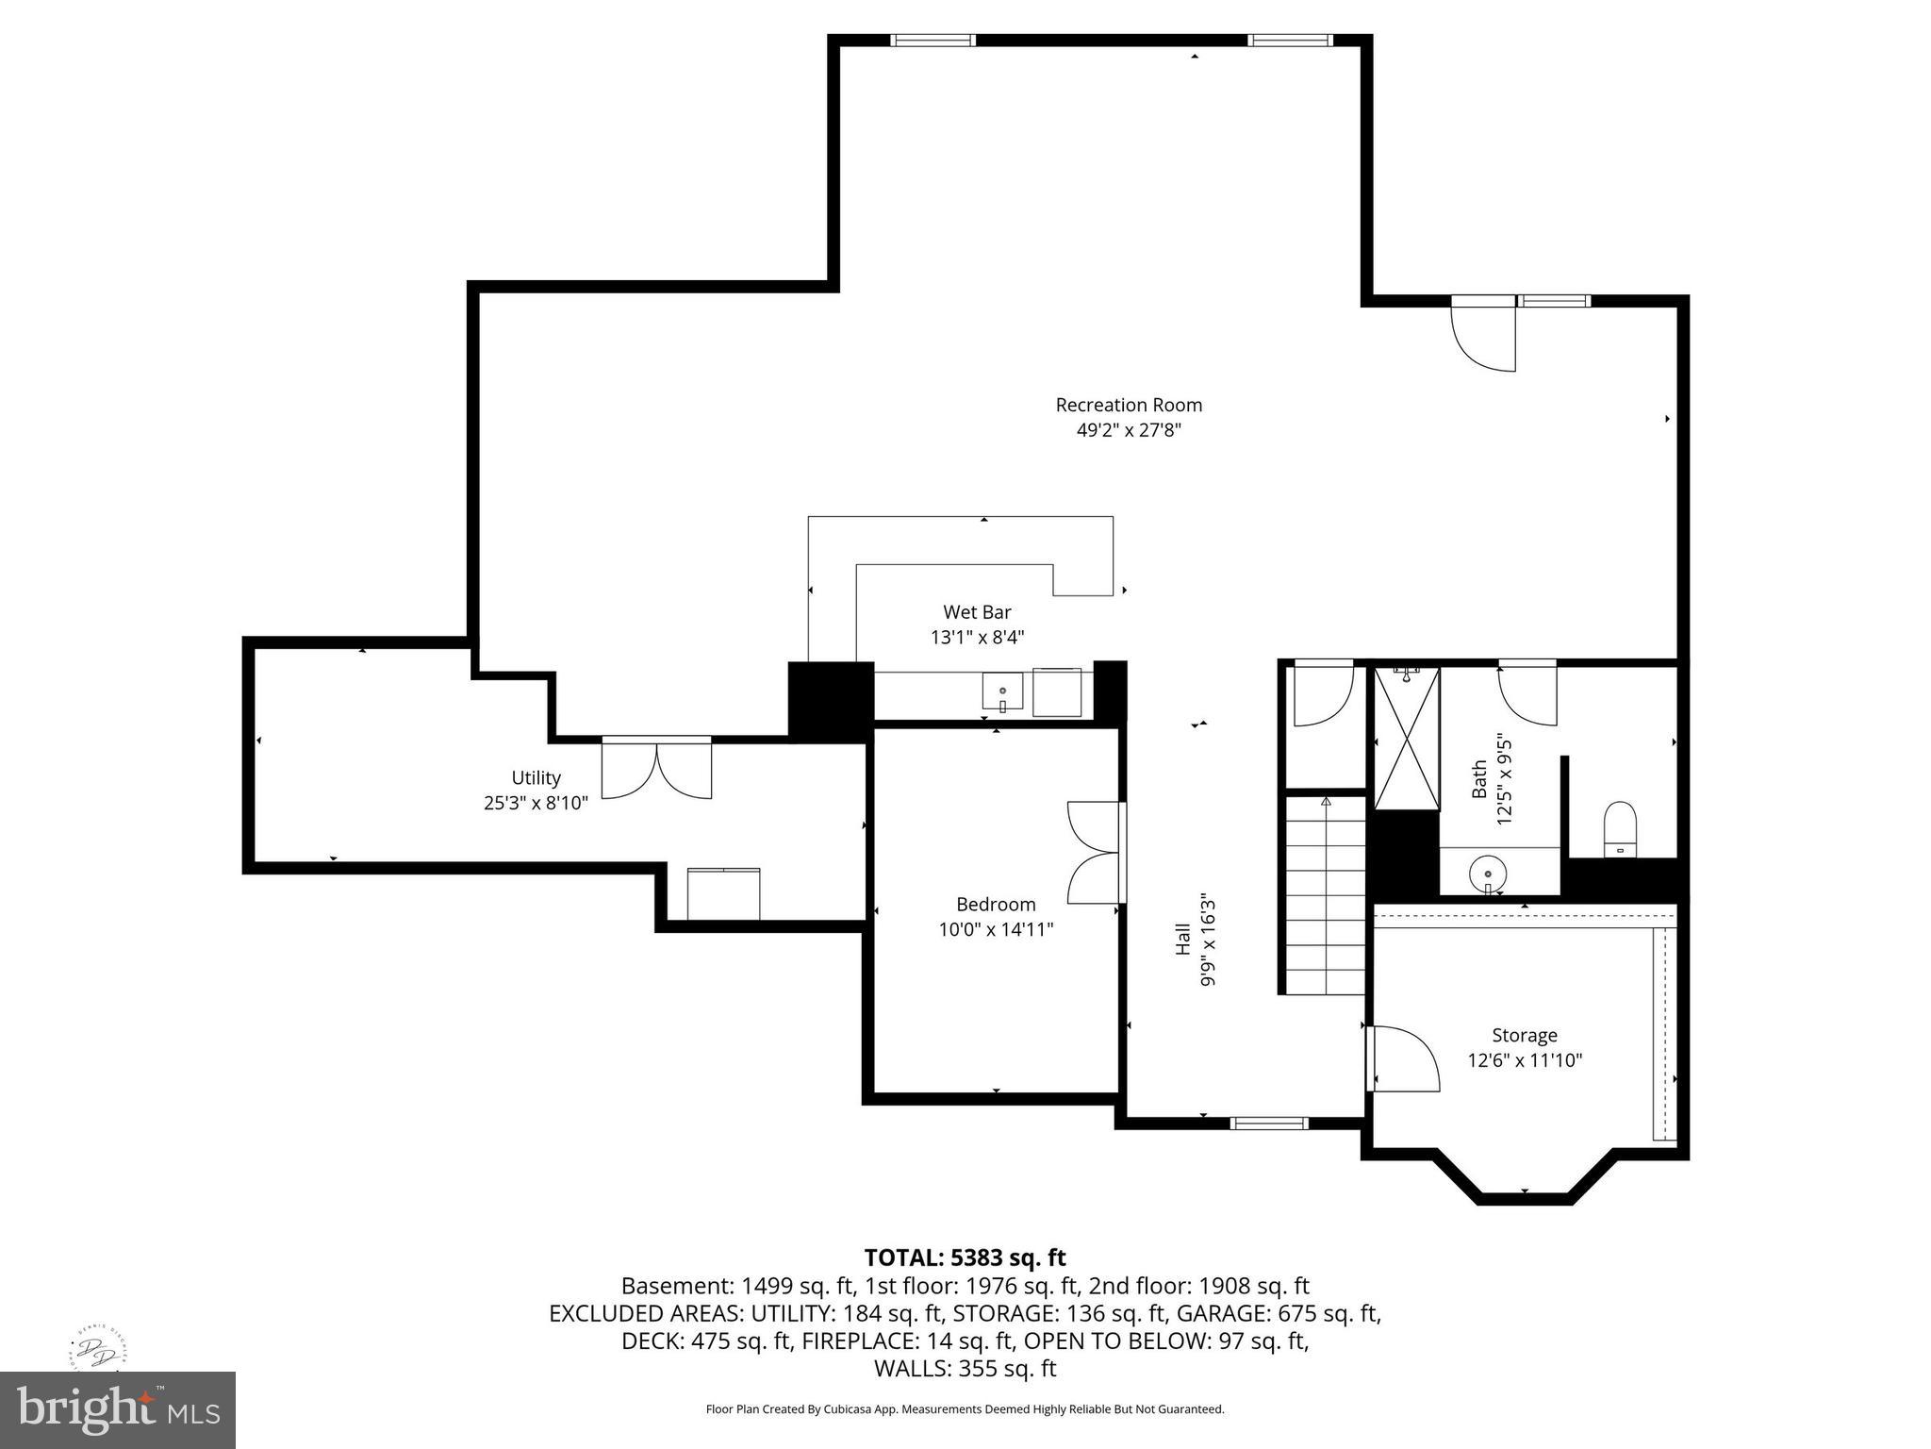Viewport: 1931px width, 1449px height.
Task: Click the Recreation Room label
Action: point(1128,406)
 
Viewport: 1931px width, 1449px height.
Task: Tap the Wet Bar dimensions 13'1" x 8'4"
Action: point(977,638)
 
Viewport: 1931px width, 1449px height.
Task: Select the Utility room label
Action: point(536,778)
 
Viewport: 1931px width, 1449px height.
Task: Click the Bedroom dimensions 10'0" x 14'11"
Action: point(996,930)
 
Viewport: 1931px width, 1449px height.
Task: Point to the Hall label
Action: point(1182,940)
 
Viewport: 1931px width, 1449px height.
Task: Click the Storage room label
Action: point(1524,1035)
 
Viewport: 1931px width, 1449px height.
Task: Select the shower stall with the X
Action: point(1407,739)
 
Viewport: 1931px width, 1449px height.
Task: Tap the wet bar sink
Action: point(1002,692)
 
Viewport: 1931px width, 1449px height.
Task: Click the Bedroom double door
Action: point(1094,853)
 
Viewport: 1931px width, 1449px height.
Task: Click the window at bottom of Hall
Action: point(1269,1123)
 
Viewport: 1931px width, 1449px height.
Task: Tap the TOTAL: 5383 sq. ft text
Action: point(965,1257)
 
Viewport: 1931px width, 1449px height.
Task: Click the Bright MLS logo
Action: point(118,1409)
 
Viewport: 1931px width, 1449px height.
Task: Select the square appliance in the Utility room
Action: point(723,893)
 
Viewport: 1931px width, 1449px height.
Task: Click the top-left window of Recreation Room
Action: point(932,40)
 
